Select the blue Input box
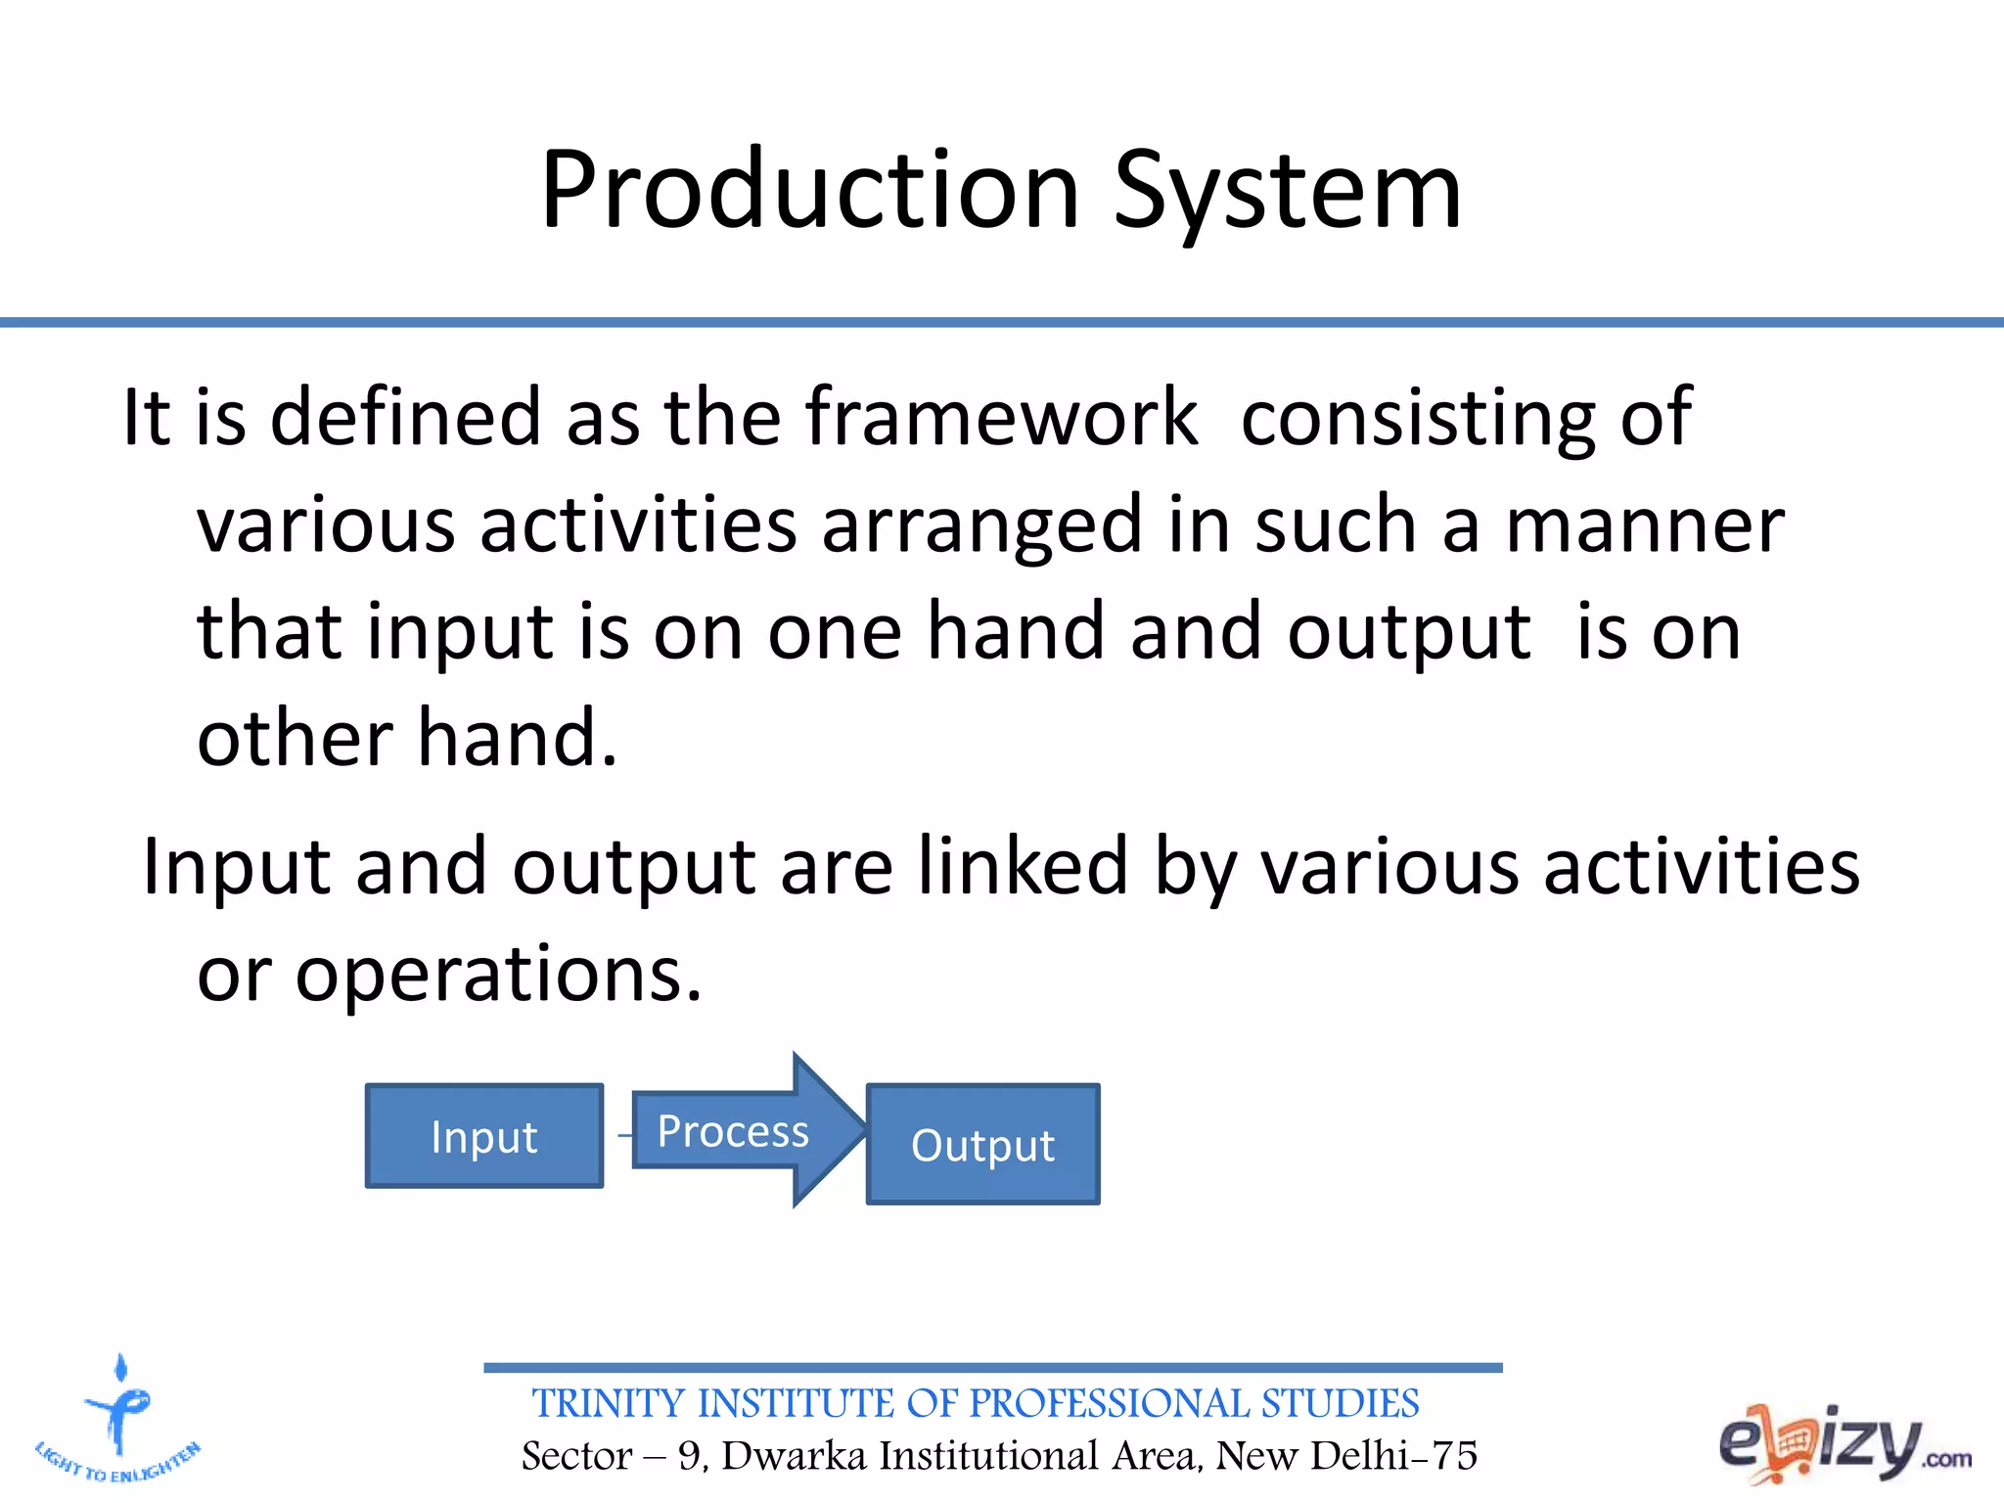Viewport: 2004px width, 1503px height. [484, 1136]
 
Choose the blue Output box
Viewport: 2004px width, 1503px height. [982, 1144]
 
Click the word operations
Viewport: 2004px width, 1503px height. [498, 975]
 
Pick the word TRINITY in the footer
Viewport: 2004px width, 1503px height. [608, 1403]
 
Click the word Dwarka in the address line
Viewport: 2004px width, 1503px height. [794, 1456]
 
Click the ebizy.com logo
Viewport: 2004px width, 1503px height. [1844, 1443]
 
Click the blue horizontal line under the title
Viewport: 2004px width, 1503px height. [1002, 322]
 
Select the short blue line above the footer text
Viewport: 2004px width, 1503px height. [992, 1367]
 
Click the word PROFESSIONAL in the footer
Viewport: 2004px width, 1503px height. [1109, 1403]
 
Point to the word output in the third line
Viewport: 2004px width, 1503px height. [1408, 633]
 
